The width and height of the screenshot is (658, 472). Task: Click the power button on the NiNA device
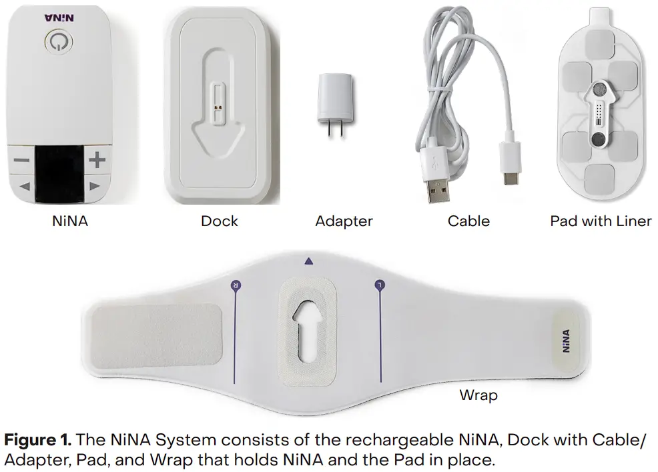pos(59,42)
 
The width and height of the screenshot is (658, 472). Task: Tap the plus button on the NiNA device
pos(97,160)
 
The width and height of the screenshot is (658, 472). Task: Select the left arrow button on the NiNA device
pos(25,187)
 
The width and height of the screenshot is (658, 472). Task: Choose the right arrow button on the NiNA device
pos(95,187)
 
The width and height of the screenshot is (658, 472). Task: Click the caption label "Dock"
pos(219,221)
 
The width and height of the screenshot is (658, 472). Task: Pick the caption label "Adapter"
pos(344,221)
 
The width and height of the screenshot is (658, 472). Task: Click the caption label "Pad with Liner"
pos(601,221)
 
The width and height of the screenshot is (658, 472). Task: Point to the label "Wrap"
pos(478,395)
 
